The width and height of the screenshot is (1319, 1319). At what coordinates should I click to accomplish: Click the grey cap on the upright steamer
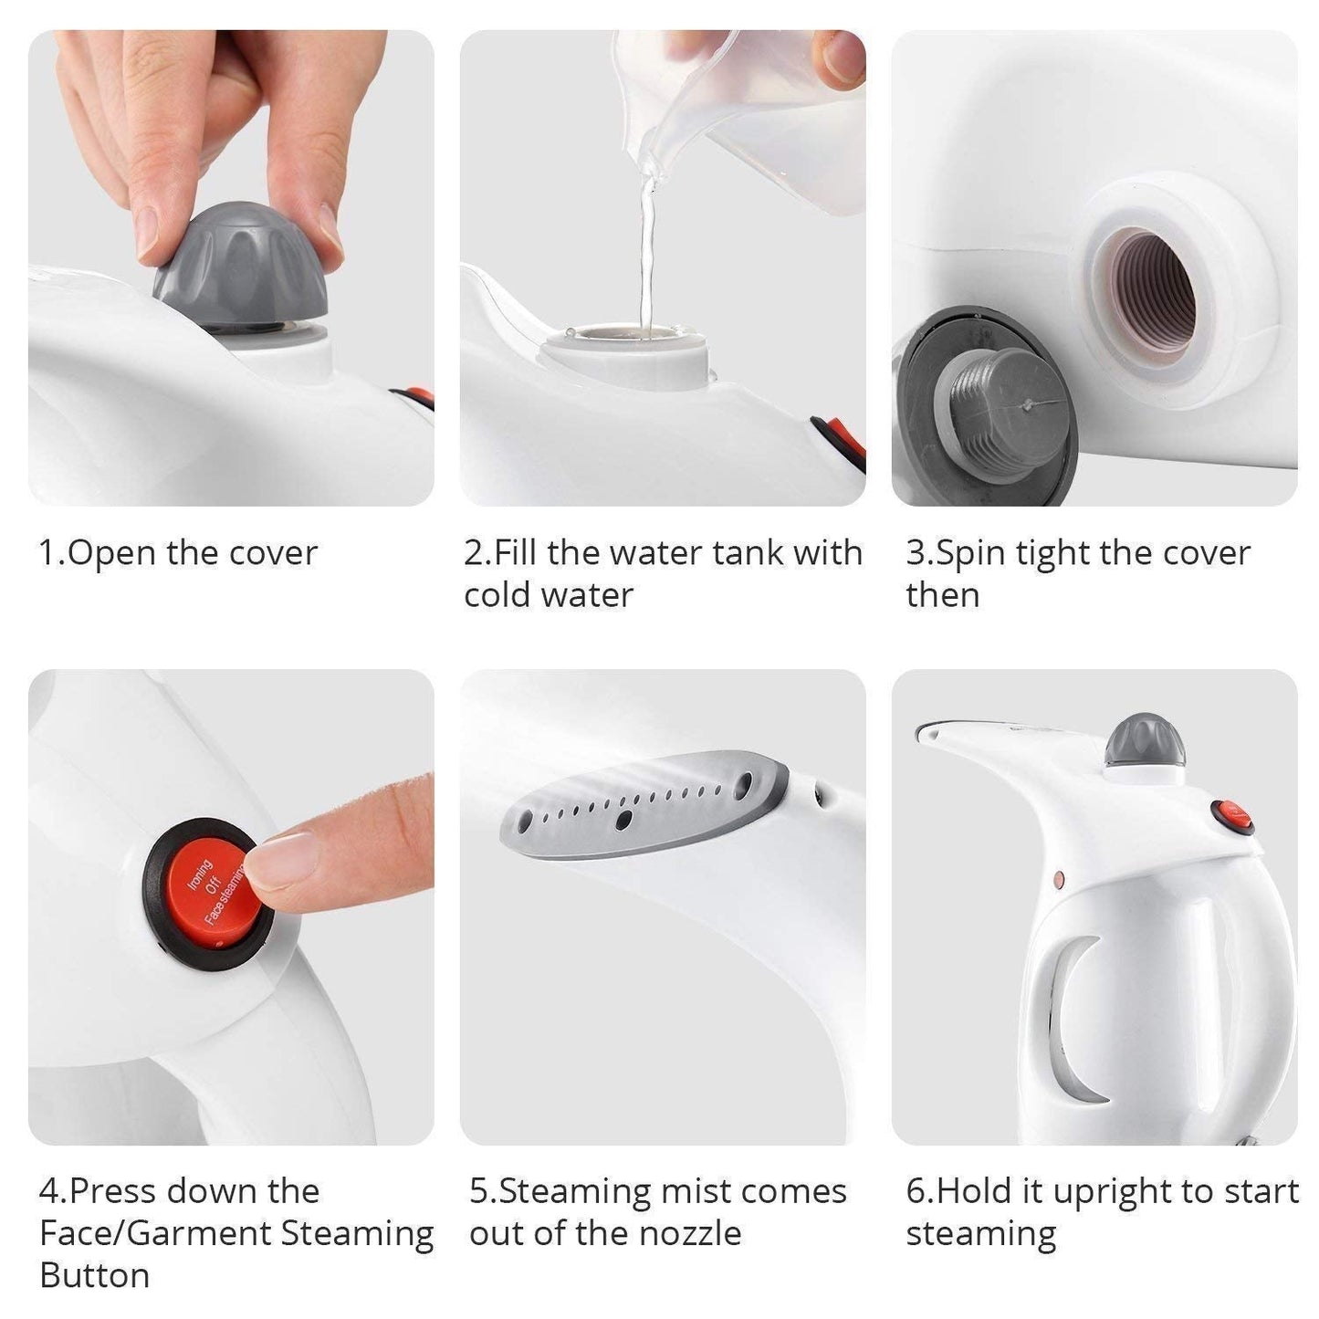(1145, 740)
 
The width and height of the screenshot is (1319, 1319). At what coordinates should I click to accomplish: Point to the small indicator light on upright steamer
(1059, 880)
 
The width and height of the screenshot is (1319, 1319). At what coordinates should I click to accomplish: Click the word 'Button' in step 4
(94, 1275)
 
